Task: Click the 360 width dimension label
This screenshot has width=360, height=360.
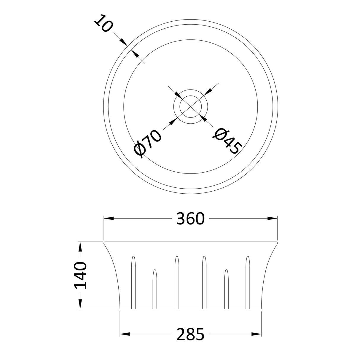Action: click(x=190, y=219)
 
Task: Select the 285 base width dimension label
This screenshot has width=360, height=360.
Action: click(x=190, y=334)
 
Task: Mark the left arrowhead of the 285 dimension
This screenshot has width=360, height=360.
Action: click(x=125, y=334)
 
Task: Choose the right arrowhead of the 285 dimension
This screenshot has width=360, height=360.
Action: click(x=257, y=334)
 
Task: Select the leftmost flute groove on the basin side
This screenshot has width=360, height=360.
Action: click(x=133, y=282)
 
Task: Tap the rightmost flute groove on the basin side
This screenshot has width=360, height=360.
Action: click(x=248, y=282)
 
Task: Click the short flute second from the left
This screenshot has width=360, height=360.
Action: click(x=154, y=289)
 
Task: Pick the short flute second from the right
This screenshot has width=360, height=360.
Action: click(x=227, y=289)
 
